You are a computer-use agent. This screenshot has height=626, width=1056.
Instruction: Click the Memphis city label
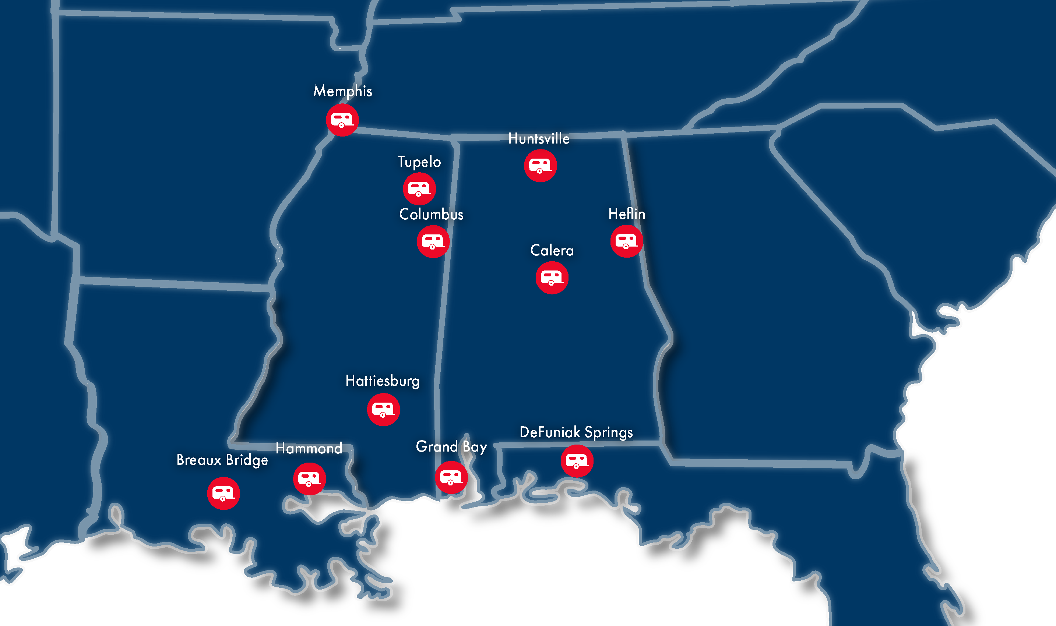[x=342, y=91]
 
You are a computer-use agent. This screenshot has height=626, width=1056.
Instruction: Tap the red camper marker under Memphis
[x=342, y=120]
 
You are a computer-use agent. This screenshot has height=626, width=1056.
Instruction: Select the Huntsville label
[x=539, y=139]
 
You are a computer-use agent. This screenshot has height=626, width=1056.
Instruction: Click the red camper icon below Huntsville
[x=540, y=166]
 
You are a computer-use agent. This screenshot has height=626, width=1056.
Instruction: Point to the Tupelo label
[x=419, y=162]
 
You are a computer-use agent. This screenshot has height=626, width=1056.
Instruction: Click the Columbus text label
[x=431, y=214]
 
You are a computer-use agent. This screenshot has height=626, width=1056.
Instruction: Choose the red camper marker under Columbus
[x=433, y=242]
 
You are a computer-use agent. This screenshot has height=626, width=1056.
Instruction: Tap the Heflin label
[x=626, y=214]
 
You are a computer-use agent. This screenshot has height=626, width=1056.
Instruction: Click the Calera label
[x=552, y=251]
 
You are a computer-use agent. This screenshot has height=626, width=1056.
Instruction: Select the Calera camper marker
[x=552, y=278]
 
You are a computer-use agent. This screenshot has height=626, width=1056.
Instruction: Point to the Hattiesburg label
[x=383, y=381]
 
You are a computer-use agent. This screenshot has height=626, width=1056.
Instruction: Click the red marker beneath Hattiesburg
[x=383, y=410]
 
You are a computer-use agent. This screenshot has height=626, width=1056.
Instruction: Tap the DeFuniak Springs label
[x=576, y=432]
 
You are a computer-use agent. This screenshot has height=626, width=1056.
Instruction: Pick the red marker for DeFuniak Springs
[x=577, y=461]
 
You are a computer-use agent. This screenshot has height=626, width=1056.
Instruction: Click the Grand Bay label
[x=451, y=447]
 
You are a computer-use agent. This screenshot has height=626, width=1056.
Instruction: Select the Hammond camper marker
[x=309, y=479]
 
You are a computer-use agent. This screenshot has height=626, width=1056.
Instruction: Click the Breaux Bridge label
[x=222, y=460]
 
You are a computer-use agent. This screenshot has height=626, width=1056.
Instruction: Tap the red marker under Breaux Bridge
[x=223, y=494]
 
